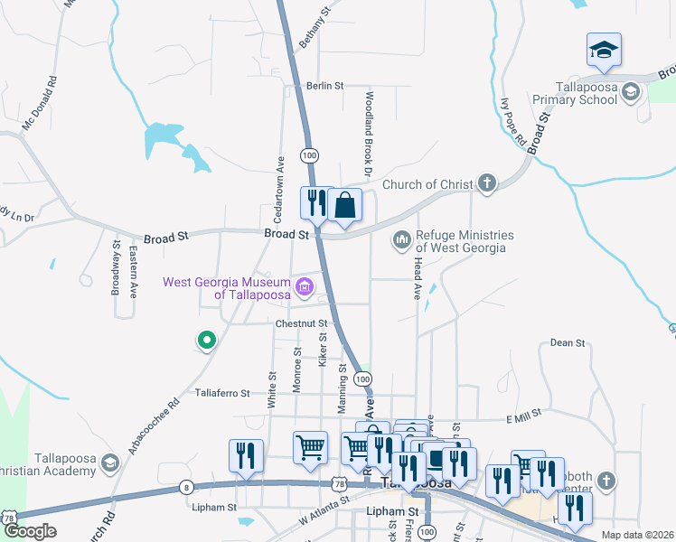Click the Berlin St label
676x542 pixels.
point(325,86)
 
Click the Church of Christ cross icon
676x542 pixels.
point(487,184)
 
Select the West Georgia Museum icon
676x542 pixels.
point(305,288)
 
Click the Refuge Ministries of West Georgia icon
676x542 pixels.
point(400,240)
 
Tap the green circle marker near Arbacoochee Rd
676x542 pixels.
point(207,341)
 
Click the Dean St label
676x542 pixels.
point(568,343)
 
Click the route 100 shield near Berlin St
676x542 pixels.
point(310,155)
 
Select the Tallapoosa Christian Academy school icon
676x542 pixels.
point(109,463)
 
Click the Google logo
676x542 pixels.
point(30,531)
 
